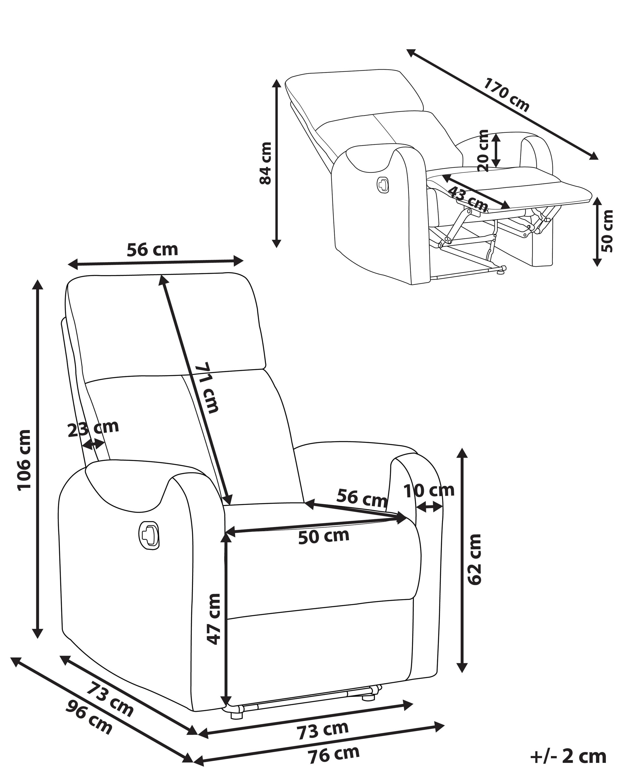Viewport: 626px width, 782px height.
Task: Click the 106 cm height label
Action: (25, 460)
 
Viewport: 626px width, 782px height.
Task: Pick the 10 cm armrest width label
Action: (429, 491)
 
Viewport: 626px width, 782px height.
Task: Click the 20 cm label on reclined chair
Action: (483, 151)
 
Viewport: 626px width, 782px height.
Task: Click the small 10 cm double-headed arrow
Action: (429, 508)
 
